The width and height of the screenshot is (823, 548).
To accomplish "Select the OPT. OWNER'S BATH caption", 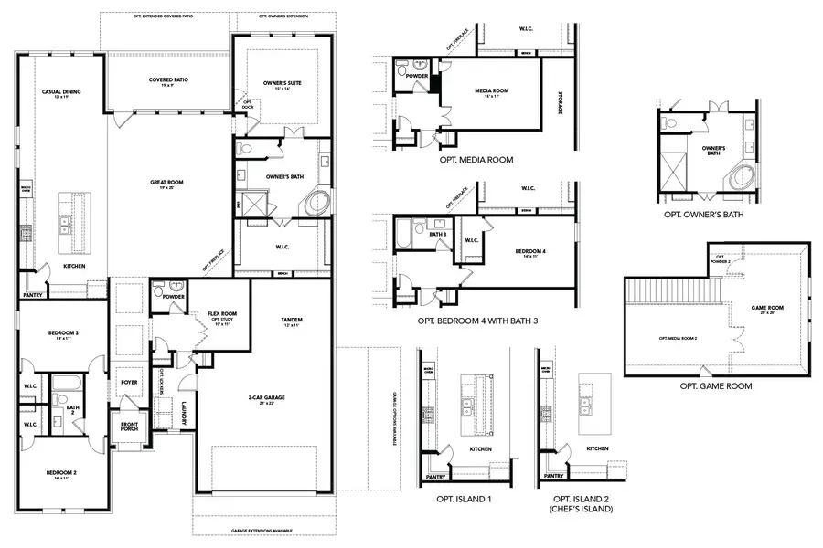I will pos(703,215).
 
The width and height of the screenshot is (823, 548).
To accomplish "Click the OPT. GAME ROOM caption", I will pos(716,386).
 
